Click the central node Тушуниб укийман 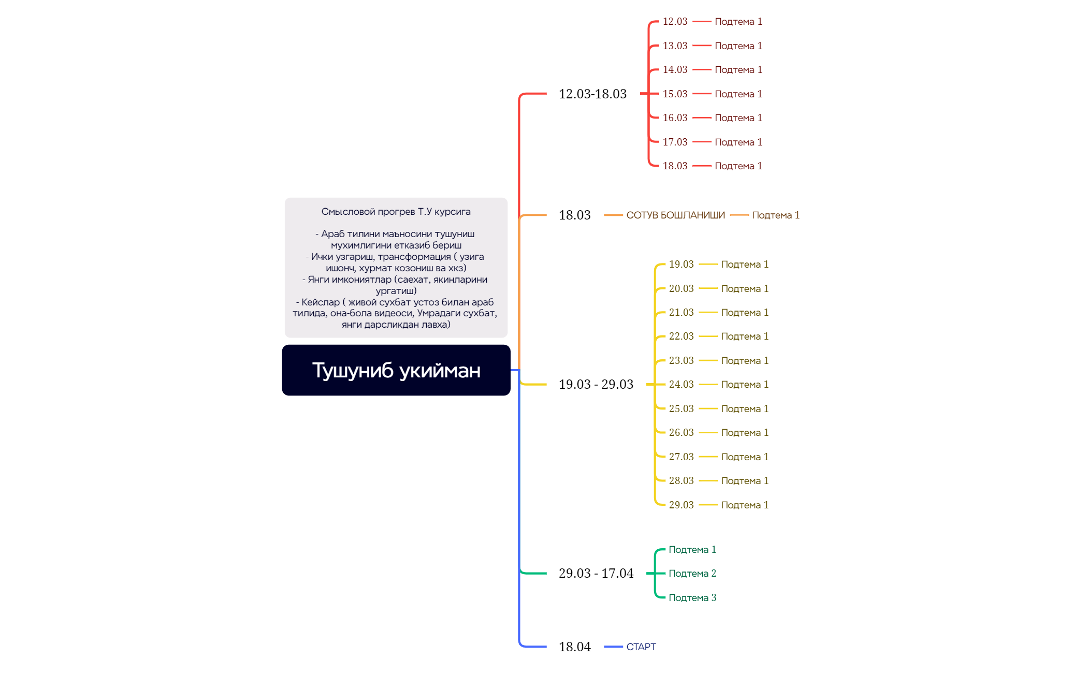pos(396,370)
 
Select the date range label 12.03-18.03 pos(592,94)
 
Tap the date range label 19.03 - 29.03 pos(596,384)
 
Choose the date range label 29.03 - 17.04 pos(596,573)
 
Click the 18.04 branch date pos(575,647)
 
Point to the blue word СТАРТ pos(641,647)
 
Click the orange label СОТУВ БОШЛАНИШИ pos(676,215)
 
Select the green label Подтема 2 pos(692,573)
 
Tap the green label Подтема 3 pos(692,597)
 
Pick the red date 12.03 pos(675,21)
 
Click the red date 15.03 pos(675,94)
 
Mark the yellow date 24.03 pos(682,384)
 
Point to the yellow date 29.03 pos(682,505)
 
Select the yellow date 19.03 pos(682,264)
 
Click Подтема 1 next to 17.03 pos(738,142)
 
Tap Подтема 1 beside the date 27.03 pos(745,457)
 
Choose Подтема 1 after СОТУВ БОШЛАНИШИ pos(776,215)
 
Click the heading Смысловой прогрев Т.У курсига pos(396,211)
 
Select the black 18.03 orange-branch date pos(575,215)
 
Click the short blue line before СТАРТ pos(613,647)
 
